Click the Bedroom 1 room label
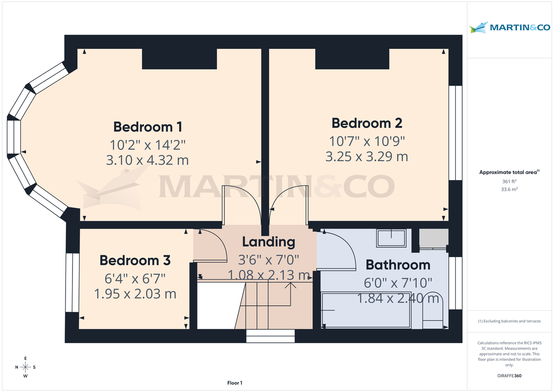pos(148,127)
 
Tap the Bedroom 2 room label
pos(367,123)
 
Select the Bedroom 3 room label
pos(135,260)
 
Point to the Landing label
pos(268,241)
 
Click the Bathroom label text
pos(398,265)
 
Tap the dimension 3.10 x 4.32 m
pos(148,160)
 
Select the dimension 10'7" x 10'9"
pos(367,140)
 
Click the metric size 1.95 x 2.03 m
pos(135,294)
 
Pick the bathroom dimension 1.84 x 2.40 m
pos(398,298)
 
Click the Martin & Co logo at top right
pos(510,28)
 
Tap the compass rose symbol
pos(25,367)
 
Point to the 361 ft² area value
pos(510,181)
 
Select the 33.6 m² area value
pos(510,189)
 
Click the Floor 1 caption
pos(235,383)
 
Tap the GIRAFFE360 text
pos(510,376)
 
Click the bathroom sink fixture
pos(391,238)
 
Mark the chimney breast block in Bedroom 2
pos(352,59)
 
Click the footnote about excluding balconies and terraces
pos(510,321)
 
